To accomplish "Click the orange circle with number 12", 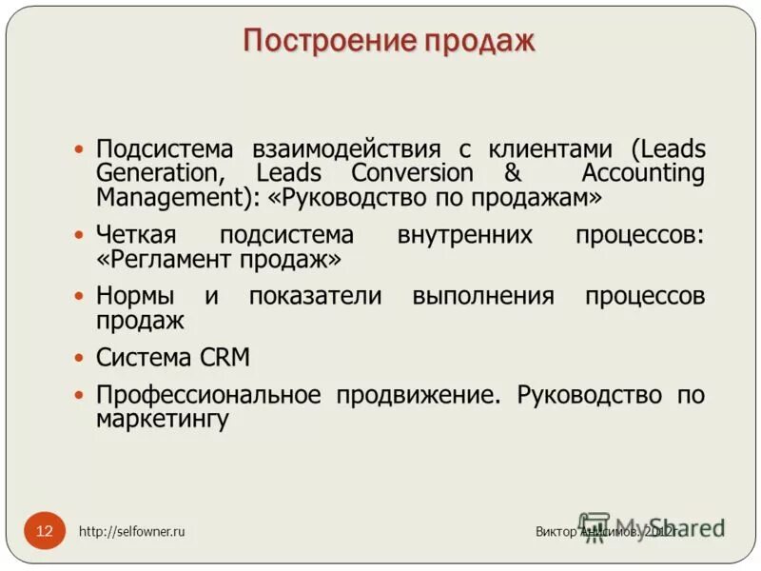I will coord(45,530).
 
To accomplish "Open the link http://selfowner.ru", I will coord(132,532).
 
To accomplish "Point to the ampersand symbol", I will coord(512,173).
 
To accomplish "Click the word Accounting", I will coord(643,173).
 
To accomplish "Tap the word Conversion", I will coord(411,173).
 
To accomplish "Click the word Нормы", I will coord(138,296).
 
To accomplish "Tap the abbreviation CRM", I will coord(225,358).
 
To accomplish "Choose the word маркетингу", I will coord(163,419).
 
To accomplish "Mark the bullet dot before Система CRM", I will coord(80,359).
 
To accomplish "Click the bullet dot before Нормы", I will coord(80,297).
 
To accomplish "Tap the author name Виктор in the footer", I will coord(556,532).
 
